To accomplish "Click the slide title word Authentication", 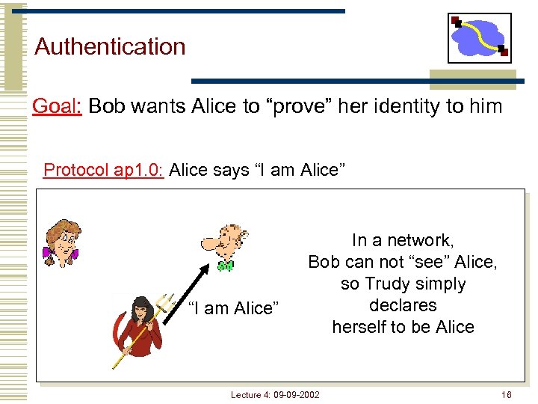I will click(x=110, y=46).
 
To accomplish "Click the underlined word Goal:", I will click(x=57, y=106).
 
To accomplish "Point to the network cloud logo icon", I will click(x=479, y=37).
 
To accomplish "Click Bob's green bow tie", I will click(x=225, y=266).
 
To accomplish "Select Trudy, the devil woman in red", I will click(x=141, y=329).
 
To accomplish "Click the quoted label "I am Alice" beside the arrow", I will click(x=233, y=308).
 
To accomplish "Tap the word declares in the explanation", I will click(x=403, y=305).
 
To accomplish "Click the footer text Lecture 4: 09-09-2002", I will click(x=275, y=394).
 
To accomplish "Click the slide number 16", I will click(x=507, y=394).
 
